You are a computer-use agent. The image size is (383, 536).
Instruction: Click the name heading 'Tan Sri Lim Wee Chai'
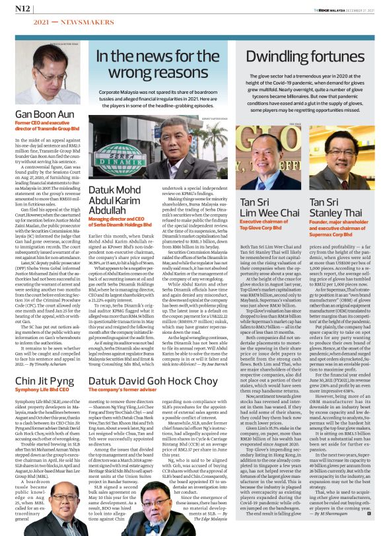[265, 208]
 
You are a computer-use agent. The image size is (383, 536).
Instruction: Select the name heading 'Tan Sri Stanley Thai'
[334, 208]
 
